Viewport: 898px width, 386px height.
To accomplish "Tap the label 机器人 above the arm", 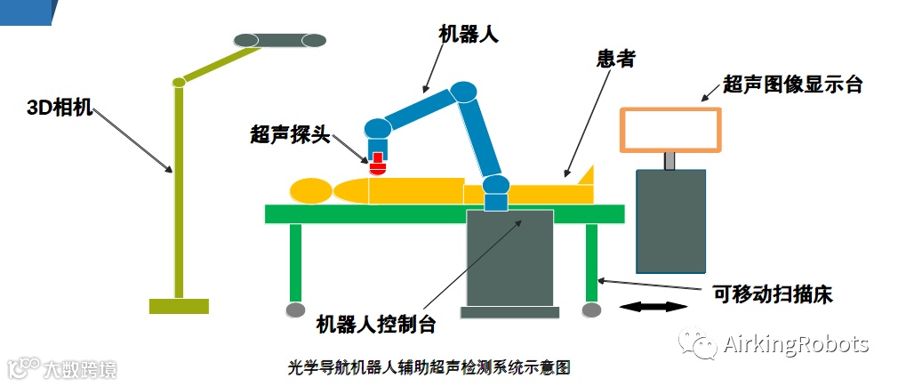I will [469, 34].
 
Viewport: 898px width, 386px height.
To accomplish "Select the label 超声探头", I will [290, 136].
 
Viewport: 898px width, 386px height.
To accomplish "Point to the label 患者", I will [616, 60].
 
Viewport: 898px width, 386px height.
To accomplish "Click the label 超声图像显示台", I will [793, 84].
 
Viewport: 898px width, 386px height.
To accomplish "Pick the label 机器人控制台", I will [376, 323].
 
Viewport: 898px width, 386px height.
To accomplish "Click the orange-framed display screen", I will [671, 128].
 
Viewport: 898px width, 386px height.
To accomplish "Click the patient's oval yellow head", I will [310, 190].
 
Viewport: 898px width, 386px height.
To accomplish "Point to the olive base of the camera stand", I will [179, 306].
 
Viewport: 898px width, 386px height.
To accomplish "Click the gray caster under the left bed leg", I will [296, 310].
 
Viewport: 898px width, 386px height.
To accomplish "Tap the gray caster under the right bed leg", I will [591, 310].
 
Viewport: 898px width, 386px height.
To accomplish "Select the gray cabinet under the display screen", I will [670, 221].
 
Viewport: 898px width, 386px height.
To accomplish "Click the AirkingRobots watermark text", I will [796, 344].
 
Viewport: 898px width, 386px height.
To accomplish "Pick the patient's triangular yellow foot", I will [585, 177].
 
